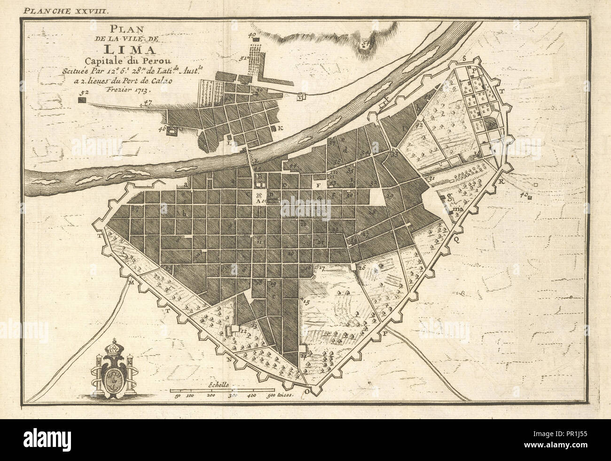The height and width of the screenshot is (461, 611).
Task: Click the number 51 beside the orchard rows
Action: point(243,58)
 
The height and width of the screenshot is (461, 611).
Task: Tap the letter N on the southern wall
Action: point(229,359)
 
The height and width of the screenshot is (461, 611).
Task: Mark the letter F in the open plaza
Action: point(319,185)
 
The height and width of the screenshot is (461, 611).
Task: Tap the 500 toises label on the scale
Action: point(277,396)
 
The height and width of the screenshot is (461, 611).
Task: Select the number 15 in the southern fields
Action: point(307,302)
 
